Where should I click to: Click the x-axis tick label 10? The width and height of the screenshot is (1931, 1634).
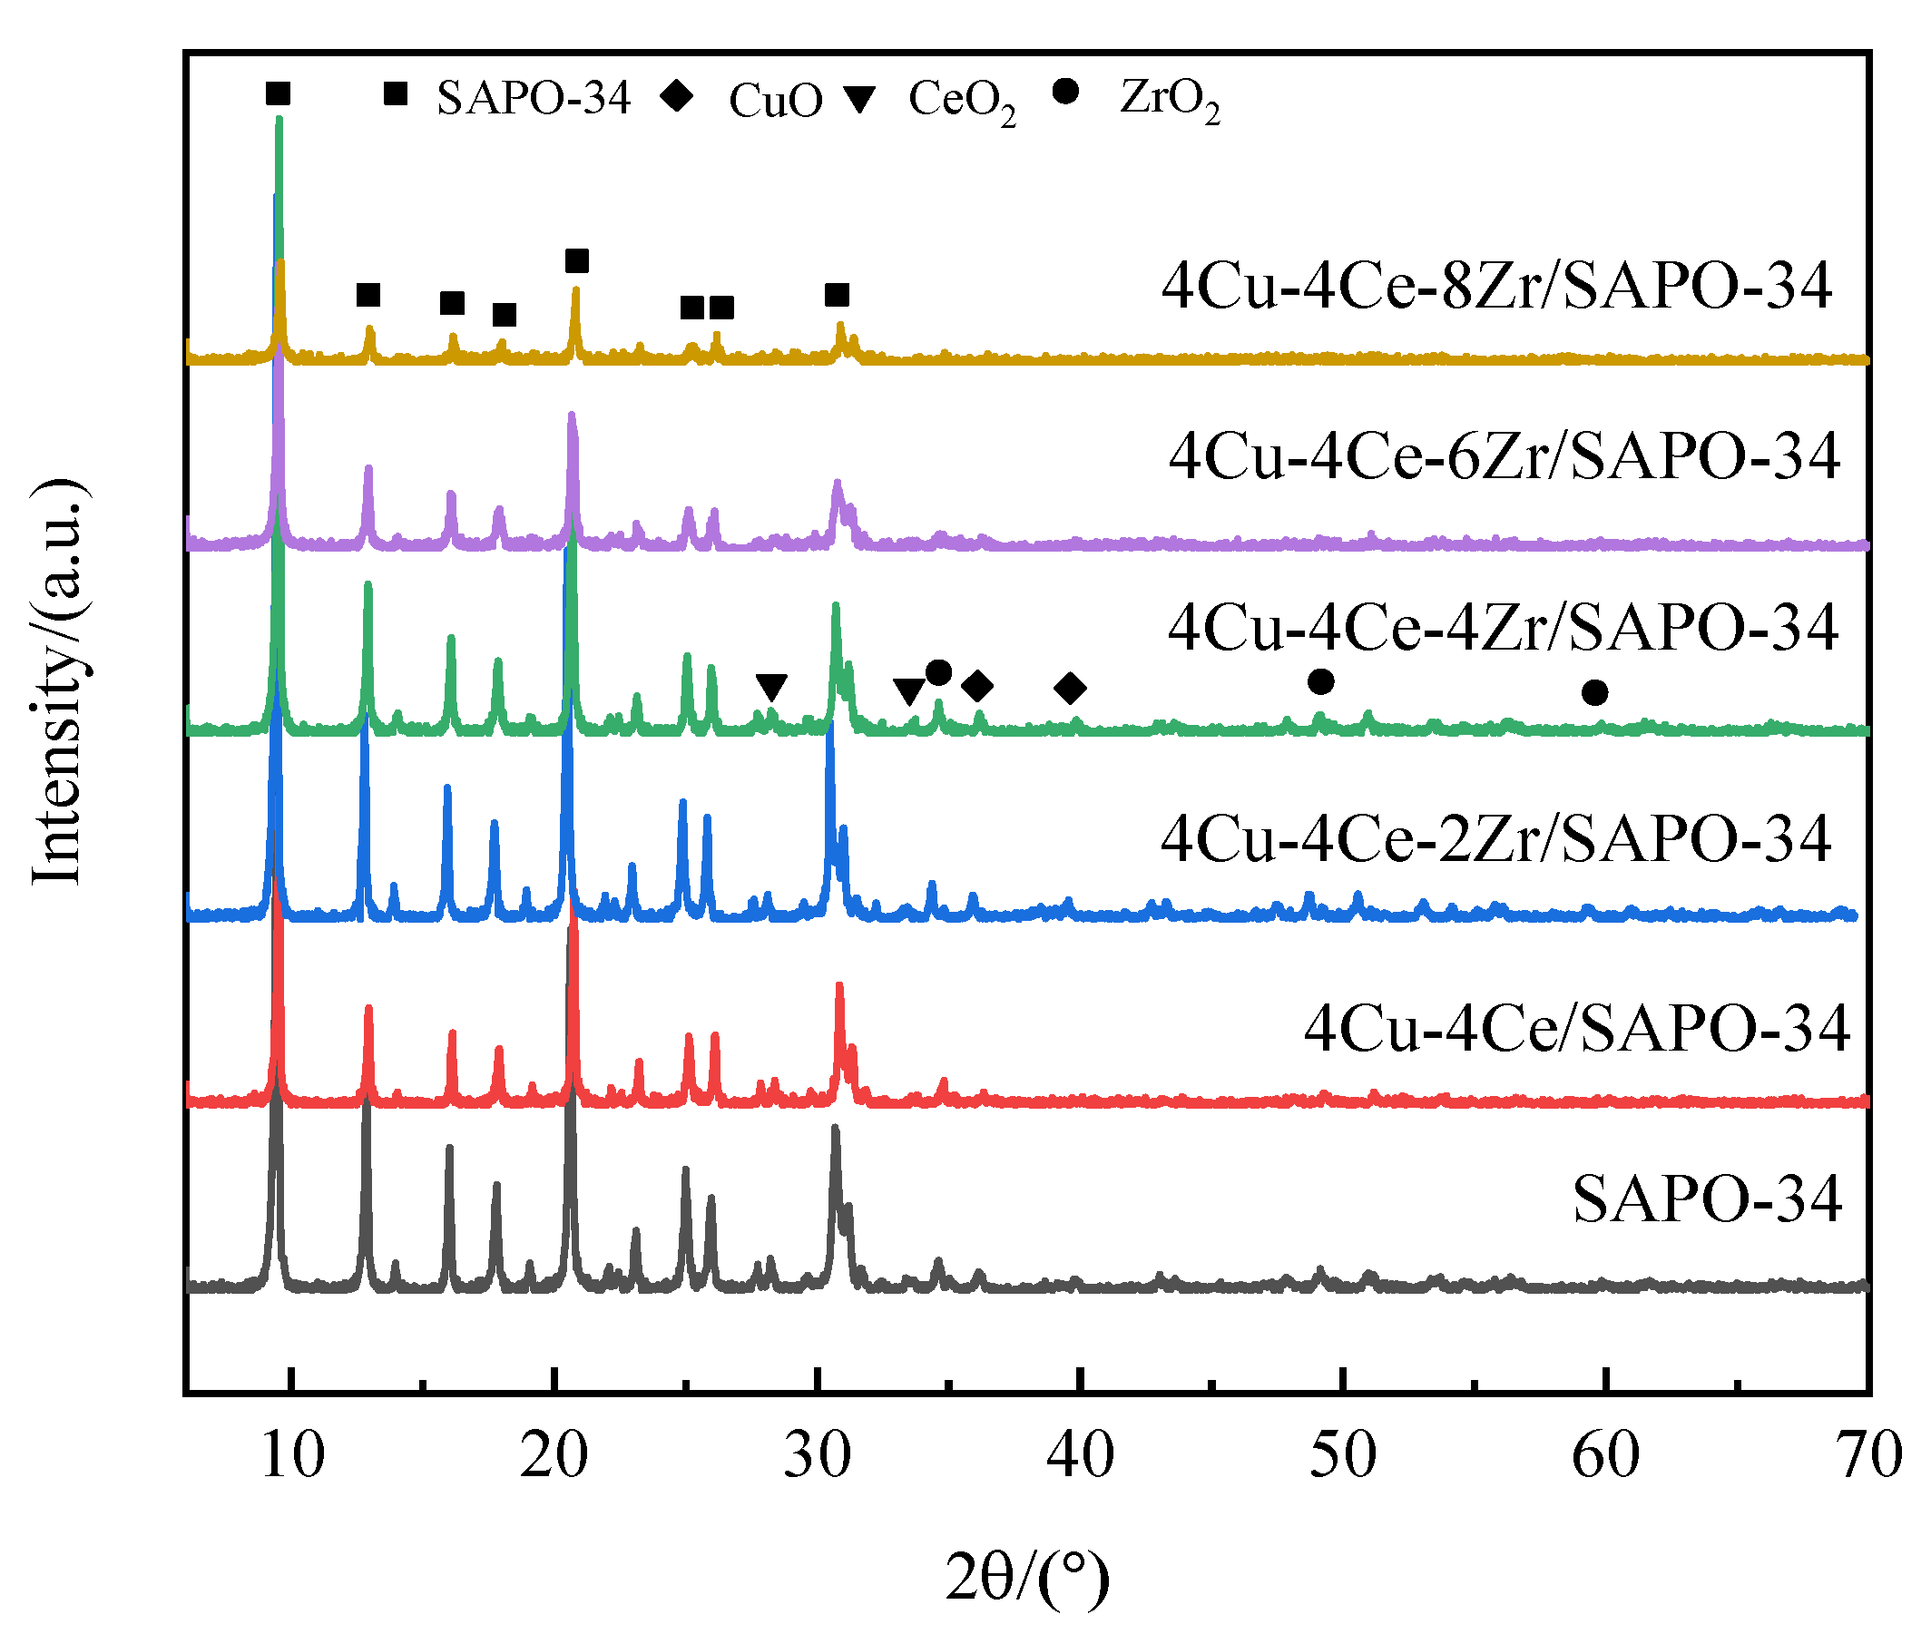point(293,1455)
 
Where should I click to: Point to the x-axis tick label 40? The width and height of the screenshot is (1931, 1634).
point(1081,1455)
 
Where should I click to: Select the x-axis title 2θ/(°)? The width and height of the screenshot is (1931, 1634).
point(1027,1578)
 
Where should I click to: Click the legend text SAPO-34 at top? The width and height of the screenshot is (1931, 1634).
point(534,98)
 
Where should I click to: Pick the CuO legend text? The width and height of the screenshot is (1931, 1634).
point(776,100)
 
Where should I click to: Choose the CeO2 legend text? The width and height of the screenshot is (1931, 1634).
point(962,100)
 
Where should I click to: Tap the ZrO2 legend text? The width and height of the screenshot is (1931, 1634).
point(1170,98)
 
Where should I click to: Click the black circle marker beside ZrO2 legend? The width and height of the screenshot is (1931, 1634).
point(1066,91)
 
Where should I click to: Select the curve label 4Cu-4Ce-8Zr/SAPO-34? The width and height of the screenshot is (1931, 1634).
point(1496,285)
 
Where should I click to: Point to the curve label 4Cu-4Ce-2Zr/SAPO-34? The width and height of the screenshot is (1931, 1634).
point(1495,839)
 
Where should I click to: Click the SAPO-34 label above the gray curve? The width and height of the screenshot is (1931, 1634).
point(1707,1199)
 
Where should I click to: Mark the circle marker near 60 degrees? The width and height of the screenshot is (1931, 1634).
point(1594,692)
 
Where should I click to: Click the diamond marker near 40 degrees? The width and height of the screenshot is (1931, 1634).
point(1070,688)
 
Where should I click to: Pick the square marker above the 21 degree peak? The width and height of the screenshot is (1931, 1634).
point(576,261)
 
